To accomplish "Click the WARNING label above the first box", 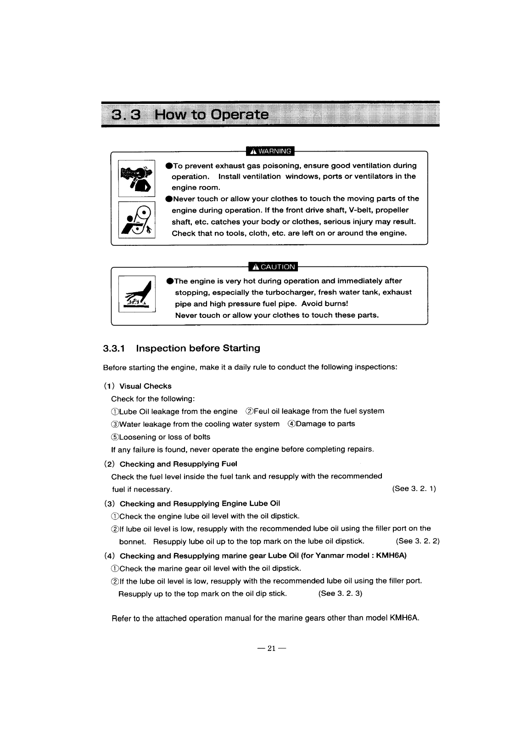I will coord(270,151).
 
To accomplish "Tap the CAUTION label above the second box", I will coord(273,267).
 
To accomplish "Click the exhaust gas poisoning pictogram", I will coord(137,178).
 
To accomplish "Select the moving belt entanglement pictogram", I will coord(137,220).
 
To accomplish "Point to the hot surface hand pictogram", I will coord(137,294).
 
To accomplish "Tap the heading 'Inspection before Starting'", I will coord(198,348).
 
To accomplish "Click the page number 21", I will coord(272,649).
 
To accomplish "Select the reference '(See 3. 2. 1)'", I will coord(414,488).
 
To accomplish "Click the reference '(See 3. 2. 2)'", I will coord(417,541).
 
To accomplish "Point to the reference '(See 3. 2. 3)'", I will coord(340,593).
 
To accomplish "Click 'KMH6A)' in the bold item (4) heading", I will coord(391,555).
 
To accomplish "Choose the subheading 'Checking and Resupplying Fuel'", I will coord(178,464).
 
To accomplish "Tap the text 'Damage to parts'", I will coord(325,424).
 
